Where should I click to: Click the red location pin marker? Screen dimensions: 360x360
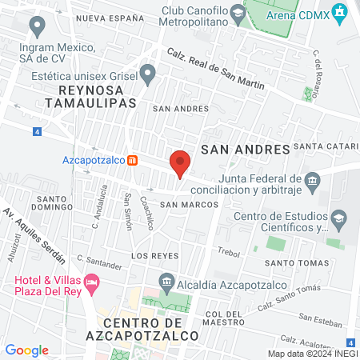(x=180, y=164)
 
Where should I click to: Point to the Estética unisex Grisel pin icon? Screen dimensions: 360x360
(x=148, y=75)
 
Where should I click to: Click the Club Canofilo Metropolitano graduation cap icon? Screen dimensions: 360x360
(x=238, y=13)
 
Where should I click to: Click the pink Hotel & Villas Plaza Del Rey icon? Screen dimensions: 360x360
(x=93, y=282)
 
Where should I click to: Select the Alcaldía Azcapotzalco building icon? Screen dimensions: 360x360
(x=166, y=280)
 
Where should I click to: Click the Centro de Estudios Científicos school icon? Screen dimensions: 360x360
(x=340, y=218)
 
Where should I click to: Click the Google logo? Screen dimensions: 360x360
(x=26, y=350)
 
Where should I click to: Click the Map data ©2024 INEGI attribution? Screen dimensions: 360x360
(x=310, y=354)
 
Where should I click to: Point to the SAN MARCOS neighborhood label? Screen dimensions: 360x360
(x=189, y=205)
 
